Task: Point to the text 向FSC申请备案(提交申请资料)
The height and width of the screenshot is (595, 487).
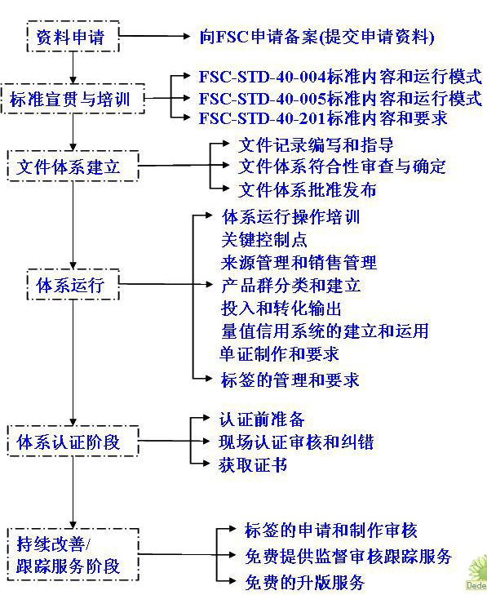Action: point(317,37)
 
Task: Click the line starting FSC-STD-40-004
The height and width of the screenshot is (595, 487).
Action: point(339,78)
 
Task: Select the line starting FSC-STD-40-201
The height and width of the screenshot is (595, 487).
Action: point(322,119)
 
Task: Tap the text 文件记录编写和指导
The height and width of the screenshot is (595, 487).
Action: point(317,146)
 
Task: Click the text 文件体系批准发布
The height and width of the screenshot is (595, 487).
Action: point(308,190)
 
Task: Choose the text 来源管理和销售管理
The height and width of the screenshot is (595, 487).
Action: point(299,263)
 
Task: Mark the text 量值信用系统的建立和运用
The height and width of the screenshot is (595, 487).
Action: point(324,331)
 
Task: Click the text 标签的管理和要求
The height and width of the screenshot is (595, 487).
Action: point(290,380)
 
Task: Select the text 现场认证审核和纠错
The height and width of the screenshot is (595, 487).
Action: point(296,443)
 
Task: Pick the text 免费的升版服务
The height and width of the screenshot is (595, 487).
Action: point(304,583)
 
